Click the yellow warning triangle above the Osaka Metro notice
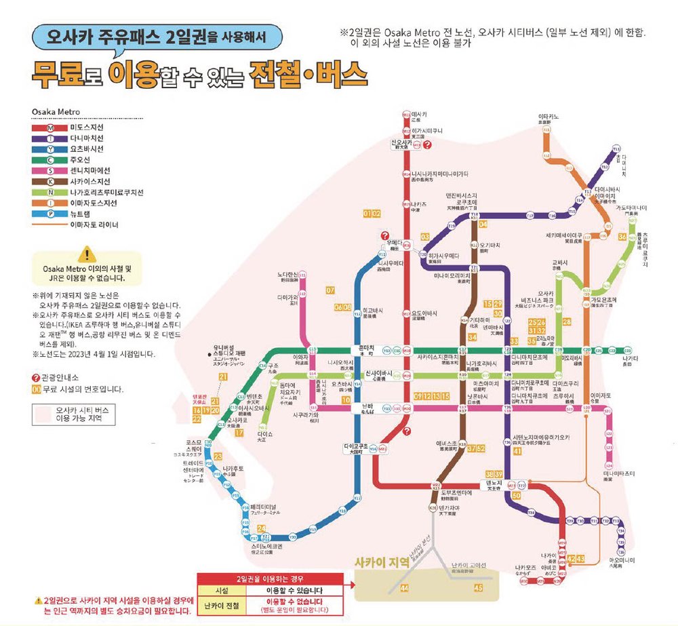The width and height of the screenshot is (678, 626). point(87,255)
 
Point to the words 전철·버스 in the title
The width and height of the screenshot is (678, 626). point(299,71)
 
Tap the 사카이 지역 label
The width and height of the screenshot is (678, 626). point(386,562)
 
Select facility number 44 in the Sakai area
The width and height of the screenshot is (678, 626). point(405,588)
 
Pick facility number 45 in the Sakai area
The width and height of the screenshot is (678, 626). point(479,588)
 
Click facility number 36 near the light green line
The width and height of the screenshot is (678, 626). point(622,237)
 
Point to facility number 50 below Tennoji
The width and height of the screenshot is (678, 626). point(517,496)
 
